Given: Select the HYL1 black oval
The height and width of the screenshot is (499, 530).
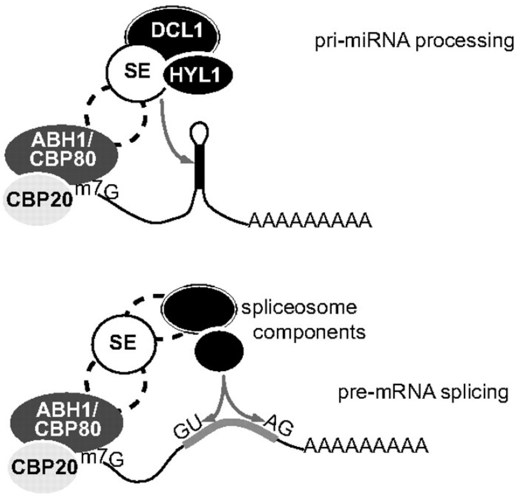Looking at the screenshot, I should tap(197, 76).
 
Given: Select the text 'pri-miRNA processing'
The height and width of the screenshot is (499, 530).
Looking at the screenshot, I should tap(414, 41).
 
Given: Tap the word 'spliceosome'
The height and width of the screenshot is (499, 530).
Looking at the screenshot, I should tap(299, 308).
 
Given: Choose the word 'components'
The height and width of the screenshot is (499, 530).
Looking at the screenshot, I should tap(309, 333).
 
